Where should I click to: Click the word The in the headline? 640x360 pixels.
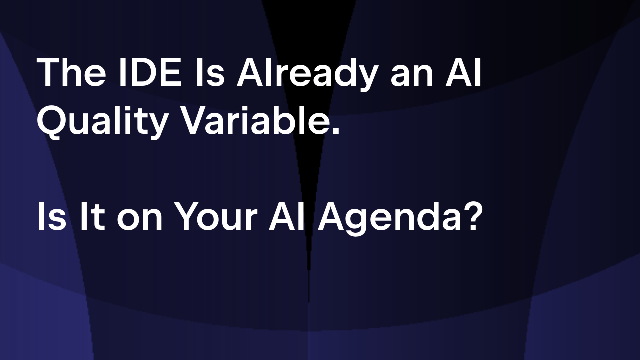71,72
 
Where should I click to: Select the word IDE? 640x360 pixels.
149,72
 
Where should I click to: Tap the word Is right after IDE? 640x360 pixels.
210,72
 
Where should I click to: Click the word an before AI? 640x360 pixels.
412,75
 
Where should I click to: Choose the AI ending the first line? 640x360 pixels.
463,72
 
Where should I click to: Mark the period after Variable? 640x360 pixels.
336,131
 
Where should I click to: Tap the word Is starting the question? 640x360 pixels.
51,216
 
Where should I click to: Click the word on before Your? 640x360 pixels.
139,219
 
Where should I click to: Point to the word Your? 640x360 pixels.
216,216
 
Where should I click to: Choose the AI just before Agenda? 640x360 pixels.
286,216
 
